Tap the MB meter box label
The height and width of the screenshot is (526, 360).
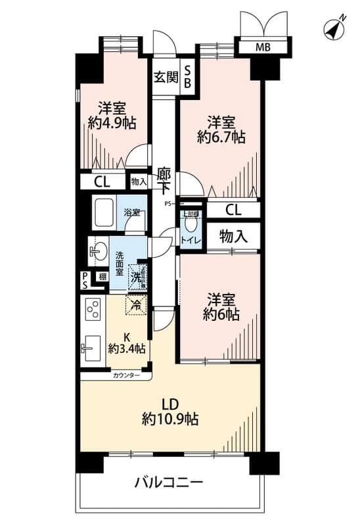click(x=263, y=47)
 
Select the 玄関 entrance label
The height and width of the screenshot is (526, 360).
click(x=166, y=77)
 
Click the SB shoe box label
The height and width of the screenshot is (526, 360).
click(x=187, y=76)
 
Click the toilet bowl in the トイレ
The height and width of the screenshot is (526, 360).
click(x=191, y=223)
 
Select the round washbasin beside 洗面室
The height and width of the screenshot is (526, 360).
click(x=97, y=251)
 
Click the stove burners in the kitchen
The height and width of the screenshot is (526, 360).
click(x=92, y=308)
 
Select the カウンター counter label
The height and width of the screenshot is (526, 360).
click(x=126, y=375)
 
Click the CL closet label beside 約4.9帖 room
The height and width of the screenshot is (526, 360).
click(x=101, y=181)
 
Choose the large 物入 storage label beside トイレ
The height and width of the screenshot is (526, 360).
click(x=233, y=235)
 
